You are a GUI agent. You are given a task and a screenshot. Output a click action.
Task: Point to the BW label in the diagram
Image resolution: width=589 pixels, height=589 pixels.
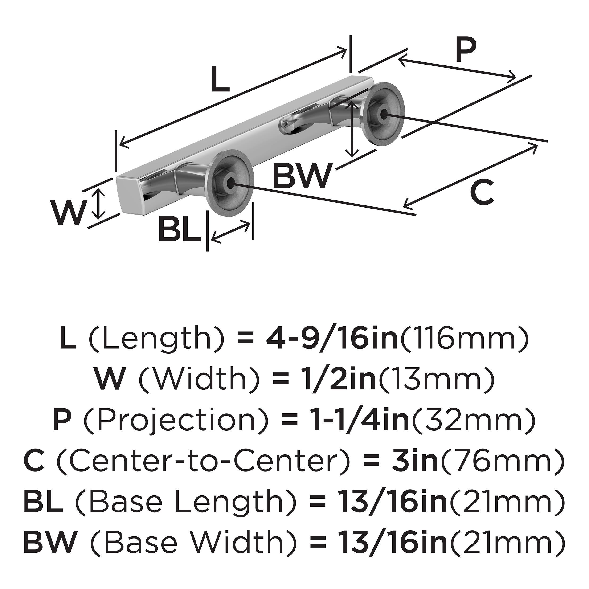[x=302, y=176]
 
